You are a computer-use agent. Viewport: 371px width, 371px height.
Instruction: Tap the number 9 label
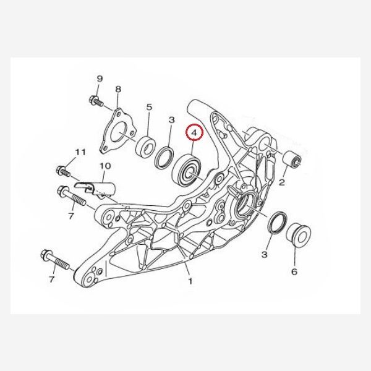[100, 79]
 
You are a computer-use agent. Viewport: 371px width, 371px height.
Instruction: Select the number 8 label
[118, 89]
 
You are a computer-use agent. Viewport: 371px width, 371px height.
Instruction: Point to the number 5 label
[149, 107]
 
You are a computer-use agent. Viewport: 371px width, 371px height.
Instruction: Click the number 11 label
[80, 152]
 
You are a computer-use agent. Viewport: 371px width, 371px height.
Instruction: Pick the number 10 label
[105, 166]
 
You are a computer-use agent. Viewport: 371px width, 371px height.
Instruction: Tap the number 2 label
[281, 182]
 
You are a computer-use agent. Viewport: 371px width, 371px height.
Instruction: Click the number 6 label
[294, 271]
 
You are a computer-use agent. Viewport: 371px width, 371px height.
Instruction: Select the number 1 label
[190, 281]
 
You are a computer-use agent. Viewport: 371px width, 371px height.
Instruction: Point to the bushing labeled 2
[292, 160]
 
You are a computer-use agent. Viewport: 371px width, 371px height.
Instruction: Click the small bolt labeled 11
[63, 171]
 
